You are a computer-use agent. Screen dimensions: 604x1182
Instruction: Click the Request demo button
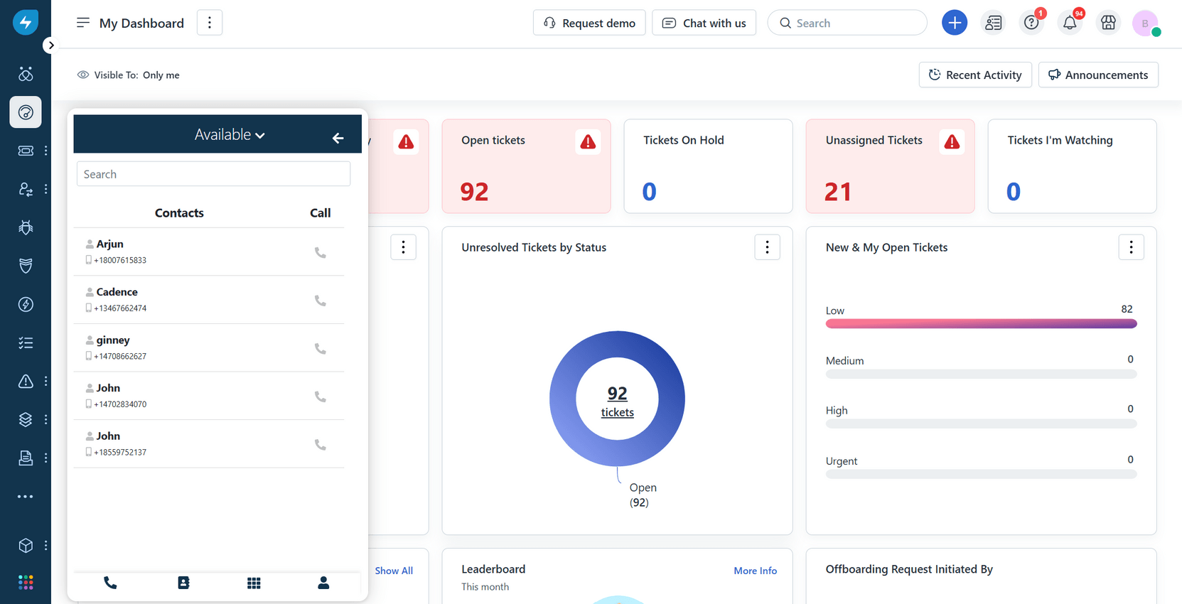(x=589, y=23)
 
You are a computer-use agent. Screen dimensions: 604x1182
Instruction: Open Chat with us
(x=704, y=23)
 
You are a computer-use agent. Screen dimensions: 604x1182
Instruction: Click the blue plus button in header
(x=954, y=23)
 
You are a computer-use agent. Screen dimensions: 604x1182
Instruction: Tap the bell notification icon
(x=1069, y=23)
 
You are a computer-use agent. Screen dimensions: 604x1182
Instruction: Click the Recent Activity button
(x=975, y=75)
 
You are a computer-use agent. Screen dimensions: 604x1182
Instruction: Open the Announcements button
(x=1098, y=75)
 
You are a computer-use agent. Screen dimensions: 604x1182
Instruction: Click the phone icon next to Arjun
(x=321, y=252)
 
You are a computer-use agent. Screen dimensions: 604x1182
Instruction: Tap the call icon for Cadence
(x=321, y=301)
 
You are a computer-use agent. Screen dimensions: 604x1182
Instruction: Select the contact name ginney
(x=113, y=340)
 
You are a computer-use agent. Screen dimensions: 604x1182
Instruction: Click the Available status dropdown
(x=230, y=134)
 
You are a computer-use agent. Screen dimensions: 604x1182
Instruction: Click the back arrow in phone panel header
(x=338, y=138)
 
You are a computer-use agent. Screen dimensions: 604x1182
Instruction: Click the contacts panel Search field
(x=213, y=174)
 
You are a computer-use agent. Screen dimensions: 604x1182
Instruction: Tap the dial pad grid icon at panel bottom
(x=254, y=583)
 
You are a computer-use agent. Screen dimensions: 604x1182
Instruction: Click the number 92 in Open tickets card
(x=474, y=192)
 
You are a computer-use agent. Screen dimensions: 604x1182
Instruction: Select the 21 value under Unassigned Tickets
(x=838, y=192)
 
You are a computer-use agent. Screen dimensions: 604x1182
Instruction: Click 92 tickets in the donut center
(x=617, y=401)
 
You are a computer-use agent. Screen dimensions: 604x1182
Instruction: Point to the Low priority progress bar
(x=981, y=324)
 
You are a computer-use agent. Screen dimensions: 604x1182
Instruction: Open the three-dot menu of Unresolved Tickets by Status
(x=767, y=247)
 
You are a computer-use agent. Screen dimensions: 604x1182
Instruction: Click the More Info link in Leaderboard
(x=755, y=571)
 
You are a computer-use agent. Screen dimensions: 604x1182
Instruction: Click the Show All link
(x=394, y=571)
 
